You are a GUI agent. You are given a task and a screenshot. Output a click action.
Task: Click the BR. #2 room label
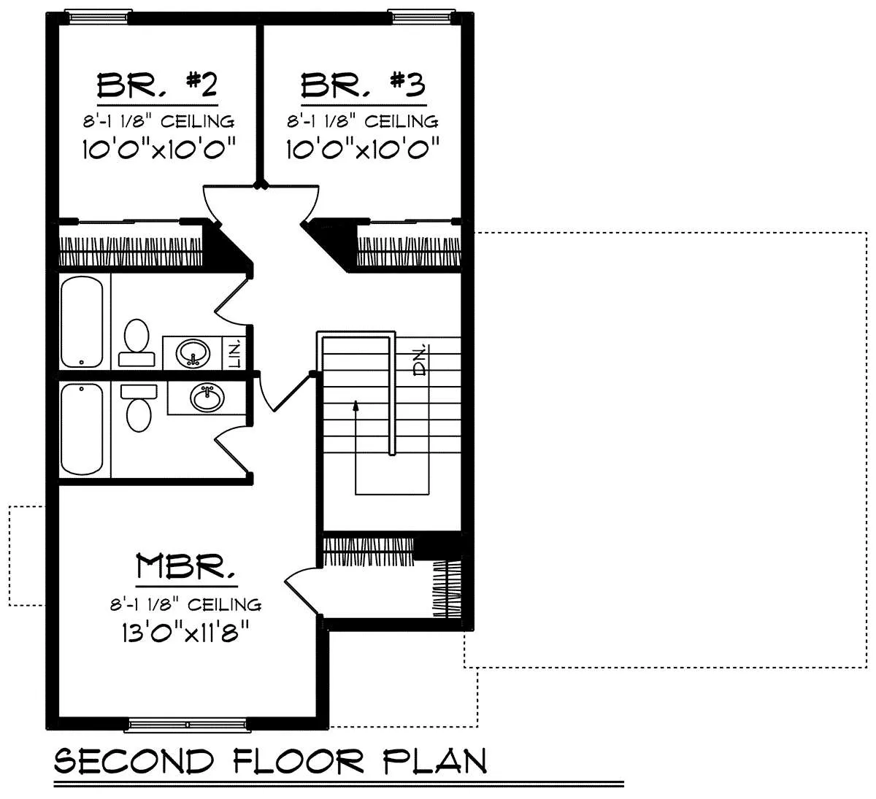tap(157, 85)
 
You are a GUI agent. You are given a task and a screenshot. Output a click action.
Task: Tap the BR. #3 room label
tap(363, 85)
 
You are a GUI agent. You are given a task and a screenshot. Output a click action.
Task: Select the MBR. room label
tap(186, 566)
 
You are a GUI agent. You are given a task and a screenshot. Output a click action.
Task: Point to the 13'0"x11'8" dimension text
tap(185, 633)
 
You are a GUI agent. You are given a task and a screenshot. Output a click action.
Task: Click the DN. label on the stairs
tap(420, 360)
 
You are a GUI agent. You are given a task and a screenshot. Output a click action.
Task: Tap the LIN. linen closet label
tap(235, 353)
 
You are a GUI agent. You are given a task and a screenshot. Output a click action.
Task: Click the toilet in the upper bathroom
tap(137, 343)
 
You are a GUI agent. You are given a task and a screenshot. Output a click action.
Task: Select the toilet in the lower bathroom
tap(139, 408)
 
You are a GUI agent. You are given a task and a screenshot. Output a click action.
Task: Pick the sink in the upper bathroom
tap(193, 352)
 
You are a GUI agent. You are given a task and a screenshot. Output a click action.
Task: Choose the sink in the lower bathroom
tap(207, 398)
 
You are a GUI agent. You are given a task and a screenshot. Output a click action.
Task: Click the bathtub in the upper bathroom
tap(82, 322)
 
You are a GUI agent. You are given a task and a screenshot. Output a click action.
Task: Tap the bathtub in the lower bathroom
tap(82, 430)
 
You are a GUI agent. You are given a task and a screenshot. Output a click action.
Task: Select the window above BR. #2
tap(99, 17)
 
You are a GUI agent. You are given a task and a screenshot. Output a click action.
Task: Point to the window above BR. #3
tap(422, 17)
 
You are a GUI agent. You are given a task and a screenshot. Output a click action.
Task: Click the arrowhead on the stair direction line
tap(356, 406)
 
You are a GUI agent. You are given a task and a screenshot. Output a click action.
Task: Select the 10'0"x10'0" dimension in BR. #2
tap(159, 149)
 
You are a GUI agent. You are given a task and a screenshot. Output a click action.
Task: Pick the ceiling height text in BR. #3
tap(363, 121)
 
